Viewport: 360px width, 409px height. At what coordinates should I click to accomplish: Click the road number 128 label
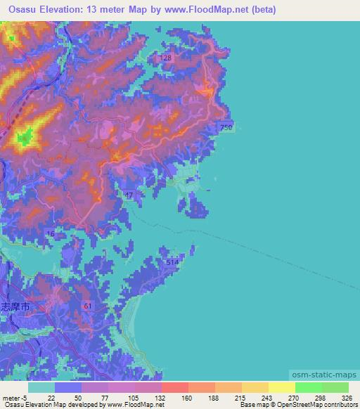[166, 58]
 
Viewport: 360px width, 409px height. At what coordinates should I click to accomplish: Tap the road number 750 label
[226, 126]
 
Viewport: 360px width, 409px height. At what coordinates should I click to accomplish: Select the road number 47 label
[128, 195]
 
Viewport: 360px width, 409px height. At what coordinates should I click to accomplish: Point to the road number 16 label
[50, 233]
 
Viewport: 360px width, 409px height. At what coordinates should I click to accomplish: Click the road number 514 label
[173, 262]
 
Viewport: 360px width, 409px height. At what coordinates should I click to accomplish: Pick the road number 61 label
[86, 306]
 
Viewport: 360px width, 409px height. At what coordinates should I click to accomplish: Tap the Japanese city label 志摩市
[15, 307]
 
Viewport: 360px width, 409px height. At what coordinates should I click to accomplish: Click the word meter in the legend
[12, 397]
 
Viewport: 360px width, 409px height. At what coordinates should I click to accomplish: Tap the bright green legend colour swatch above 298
[308, 387]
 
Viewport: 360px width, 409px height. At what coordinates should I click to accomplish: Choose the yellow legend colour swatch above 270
[281, 387]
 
